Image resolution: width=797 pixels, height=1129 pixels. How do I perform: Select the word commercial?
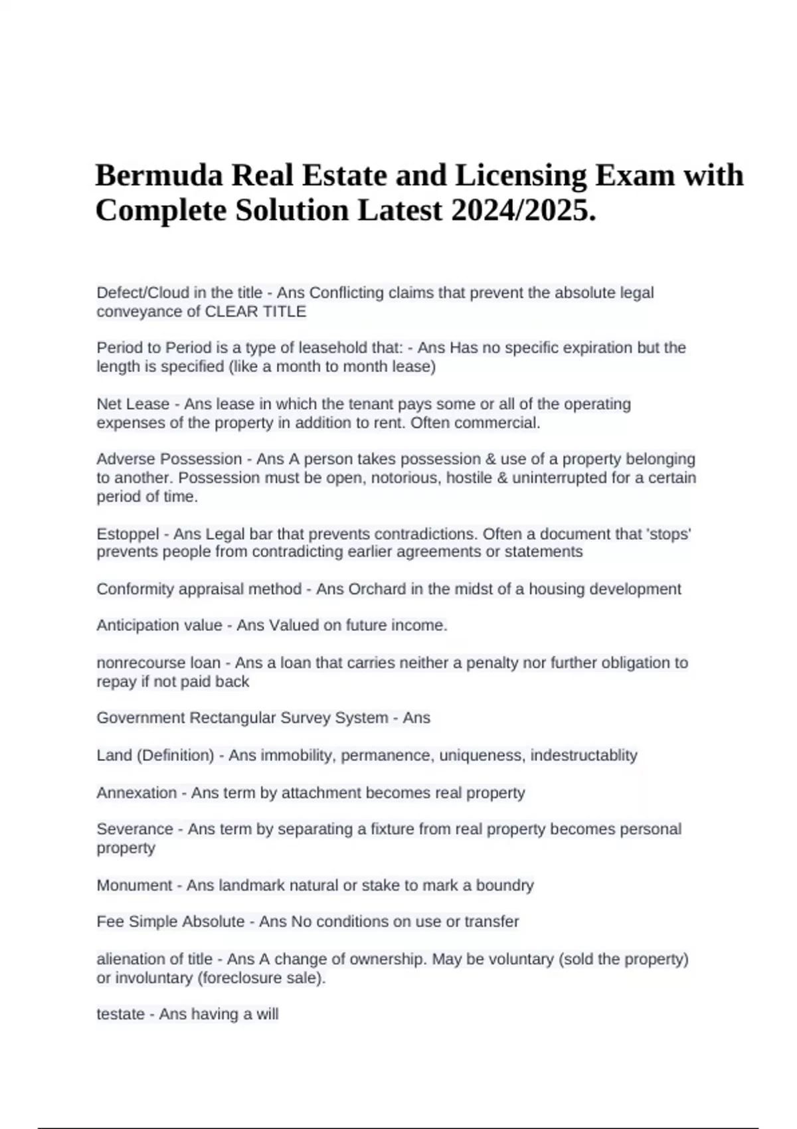click(509, 422)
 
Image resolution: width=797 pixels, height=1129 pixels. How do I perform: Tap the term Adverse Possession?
click(169, 459)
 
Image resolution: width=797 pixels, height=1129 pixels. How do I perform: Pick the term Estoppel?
click(128, 534)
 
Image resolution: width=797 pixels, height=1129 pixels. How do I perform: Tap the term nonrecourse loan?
click(158, 662)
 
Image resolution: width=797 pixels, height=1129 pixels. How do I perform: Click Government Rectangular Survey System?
click(242, 718)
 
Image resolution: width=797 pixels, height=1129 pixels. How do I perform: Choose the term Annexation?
click(137, 792)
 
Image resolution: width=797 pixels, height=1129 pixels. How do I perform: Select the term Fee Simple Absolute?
click(171, 922)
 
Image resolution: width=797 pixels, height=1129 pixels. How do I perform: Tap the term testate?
click(120, 1014)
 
